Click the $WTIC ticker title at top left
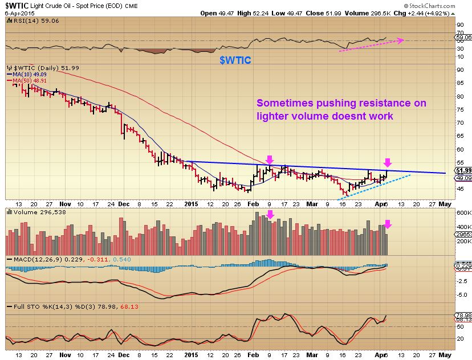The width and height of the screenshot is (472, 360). (x=17, y=5)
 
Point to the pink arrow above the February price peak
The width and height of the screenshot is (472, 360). (x=270, y=159)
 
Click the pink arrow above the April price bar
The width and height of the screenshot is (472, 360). (x=388, y=162)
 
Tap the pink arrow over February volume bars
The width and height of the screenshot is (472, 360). (x=271, y=215)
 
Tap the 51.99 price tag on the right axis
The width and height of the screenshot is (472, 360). (x=463, y=170)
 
